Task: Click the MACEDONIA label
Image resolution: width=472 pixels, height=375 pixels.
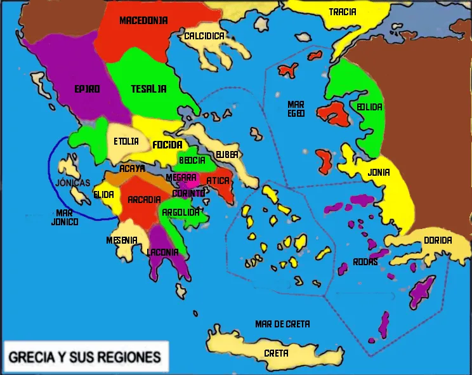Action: click(143, 20)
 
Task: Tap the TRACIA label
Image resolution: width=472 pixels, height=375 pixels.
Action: click(343, 11)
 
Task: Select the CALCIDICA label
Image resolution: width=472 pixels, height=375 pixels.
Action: click(204, 36)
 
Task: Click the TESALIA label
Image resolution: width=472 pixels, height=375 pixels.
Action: click(148, 89)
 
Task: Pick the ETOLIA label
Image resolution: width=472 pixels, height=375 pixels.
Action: click(126, 141)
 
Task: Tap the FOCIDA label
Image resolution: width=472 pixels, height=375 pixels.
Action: click(167, 145)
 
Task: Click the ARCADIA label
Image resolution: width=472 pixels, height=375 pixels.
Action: click(144, 200)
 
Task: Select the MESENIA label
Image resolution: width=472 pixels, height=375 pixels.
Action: click(122, 240)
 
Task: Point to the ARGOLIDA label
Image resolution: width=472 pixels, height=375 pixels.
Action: click(181, 212)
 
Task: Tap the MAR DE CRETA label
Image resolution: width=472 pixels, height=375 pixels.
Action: click(282, 324)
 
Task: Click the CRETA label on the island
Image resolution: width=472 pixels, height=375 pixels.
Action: click(276, 353)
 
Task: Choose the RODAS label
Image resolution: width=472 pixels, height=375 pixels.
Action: click(366, 262)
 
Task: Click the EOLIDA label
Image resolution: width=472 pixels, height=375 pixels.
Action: click(369, 107)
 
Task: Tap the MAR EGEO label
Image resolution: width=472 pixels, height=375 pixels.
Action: click(296, 109)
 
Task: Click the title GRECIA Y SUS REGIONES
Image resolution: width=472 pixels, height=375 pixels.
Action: click(84, 355)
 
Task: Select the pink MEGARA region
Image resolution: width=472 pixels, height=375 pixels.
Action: click(192, 179)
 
